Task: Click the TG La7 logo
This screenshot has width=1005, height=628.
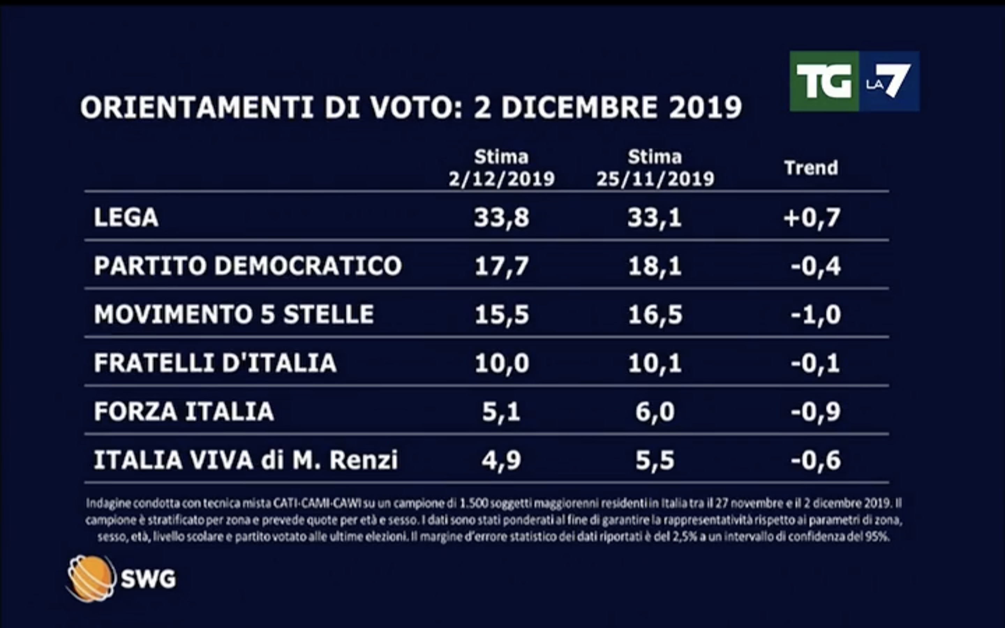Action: [854, 81]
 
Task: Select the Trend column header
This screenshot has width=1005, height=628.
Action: [811, 168]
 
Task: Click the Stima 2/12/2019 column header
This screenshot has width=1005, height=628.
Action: [501, 168]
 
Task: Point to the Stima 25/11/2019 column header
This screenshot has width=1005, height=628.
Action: [655, 168]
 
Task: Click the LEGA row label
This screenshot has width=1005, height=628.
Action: [126, 217]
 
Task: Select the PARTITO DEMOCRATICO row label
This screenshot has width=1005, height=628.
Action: [247, 266]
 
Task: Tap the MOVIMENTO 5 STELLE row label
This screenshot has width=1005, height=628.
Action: [234, 314]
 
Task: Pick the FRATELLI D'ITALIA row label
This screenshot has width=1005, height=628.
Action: [215, 363]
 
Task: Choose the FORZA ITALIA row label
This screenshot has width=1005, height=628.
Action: [184, 412]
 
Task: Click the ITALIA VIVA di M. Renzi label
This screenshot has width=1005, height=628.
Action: [245, 460]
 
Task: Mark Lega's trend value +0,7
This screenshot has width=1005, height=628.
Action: [812, 218]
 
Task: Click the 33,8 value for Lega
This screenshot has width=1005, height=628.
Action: [501, 218]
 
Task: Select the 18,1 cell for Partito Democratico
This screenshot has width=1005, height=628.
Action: [655, 266]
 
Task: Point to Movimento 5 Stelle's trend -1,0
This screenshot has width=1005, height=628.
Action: [816, 314]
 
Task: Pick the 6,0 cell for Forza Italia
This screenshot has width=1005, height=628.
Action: [655, 412]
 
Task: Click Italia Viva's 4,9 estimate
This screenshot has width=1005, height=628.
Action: [501, 461]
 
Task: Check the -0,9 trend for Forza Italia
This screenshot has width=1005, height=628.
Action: [816, 412]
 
